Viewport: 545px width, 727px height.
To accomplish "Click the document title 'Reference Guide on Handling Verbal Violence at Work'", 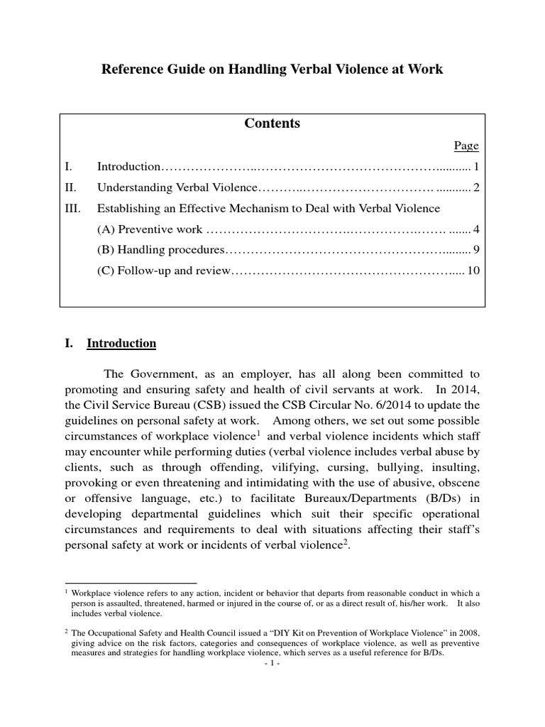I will (x=272, y=70).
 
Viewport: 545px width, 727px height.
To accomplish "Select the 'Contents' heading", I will (x=272, y=124).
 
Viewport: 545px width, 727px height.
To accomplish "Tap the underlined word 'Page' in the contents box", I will (x=466, y=146).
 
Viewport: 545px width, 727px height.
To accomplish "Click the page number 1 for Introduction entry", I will (x=478, y=167).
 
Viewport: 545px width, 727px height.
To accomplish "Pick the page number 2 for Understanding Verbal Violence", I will (x=477, y=187).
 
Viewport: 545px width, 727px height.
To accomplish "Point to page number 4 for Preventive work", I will (x=477, y=229).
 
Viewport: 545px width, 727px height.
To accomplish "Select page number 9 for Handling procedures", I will (x=477, y=250).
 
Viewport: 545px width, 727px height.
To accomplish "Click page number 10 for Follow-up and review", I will (x=474, y=270).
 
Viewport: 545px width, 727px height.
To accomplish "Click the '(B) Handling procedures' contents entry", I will (x=161, y=250).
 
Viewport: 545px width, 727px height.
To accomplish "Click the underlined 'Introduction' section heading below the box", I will (x=121, y=344).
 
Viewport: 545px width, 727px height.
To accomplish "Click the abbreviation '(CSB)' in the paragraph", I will (x=195, y=405).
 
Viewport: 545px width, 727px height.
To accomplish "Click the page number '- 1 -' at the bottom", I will (x=272, y=665).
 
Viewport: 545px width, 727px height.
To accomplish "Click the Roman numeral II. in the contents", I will (x=70, y=187).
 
